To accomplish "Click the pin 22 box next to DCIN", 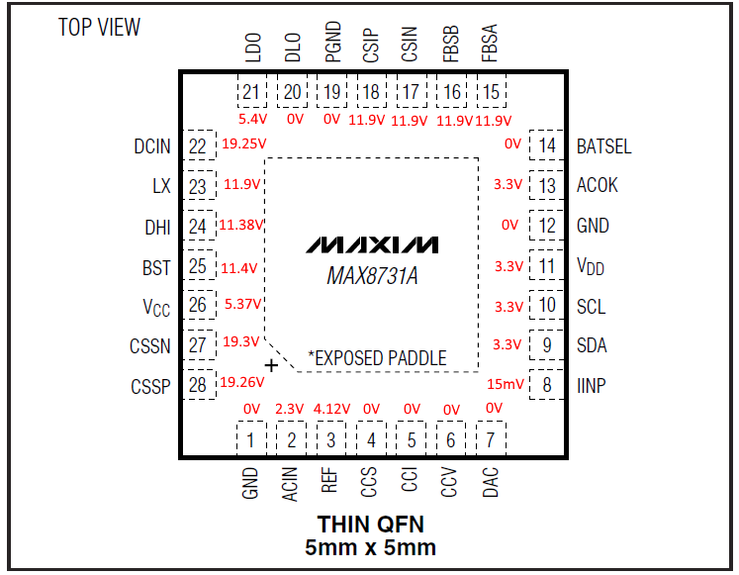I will (x=201, y=145).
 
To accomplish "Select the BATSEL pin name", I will (x=603, y=146).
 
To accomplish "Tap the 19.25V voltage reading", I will (x=243, y=144).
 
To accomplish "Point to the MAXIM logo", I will (x=371, y=244).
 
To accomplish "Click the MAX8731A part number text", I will (x=372, y=275).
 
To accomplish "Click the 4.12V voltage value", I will (x=331, y=409).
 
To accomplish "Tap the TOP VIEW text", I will (x=99, y=27).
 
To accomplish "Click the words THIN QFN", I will (x=371, y=524).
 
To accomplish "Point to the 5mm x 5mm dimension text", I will (x=371, y=546).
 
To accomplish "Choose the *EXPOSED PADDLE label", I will (x=377, y=357).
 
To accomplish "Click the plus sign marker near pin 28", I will (x=272, y=365).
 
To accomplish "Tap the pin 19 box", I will (x=331, y=92).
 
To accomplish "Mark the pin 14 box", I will (x=545, y=145).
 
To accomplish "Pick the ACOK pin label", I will (x=598, y=185).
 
